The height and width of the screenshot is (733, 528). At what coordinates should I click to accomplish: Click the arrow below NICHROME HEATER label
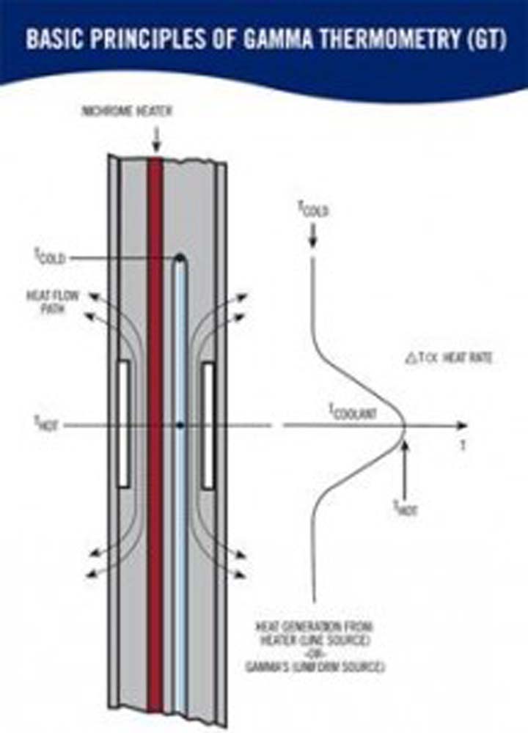click(155, 136)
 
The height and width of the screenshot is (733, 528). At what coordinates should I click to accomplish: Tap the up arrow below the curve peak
click(406, 469)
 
